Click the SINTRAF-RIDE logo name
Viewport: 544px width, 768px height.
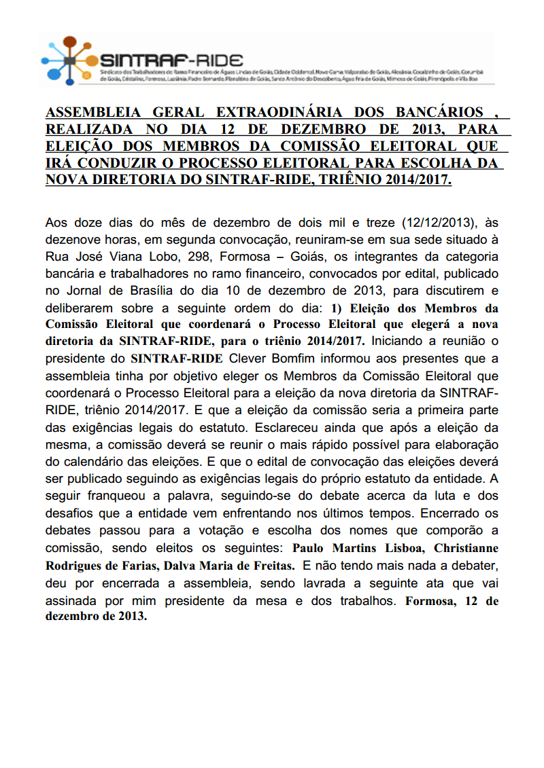click(x=171, y=59)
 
